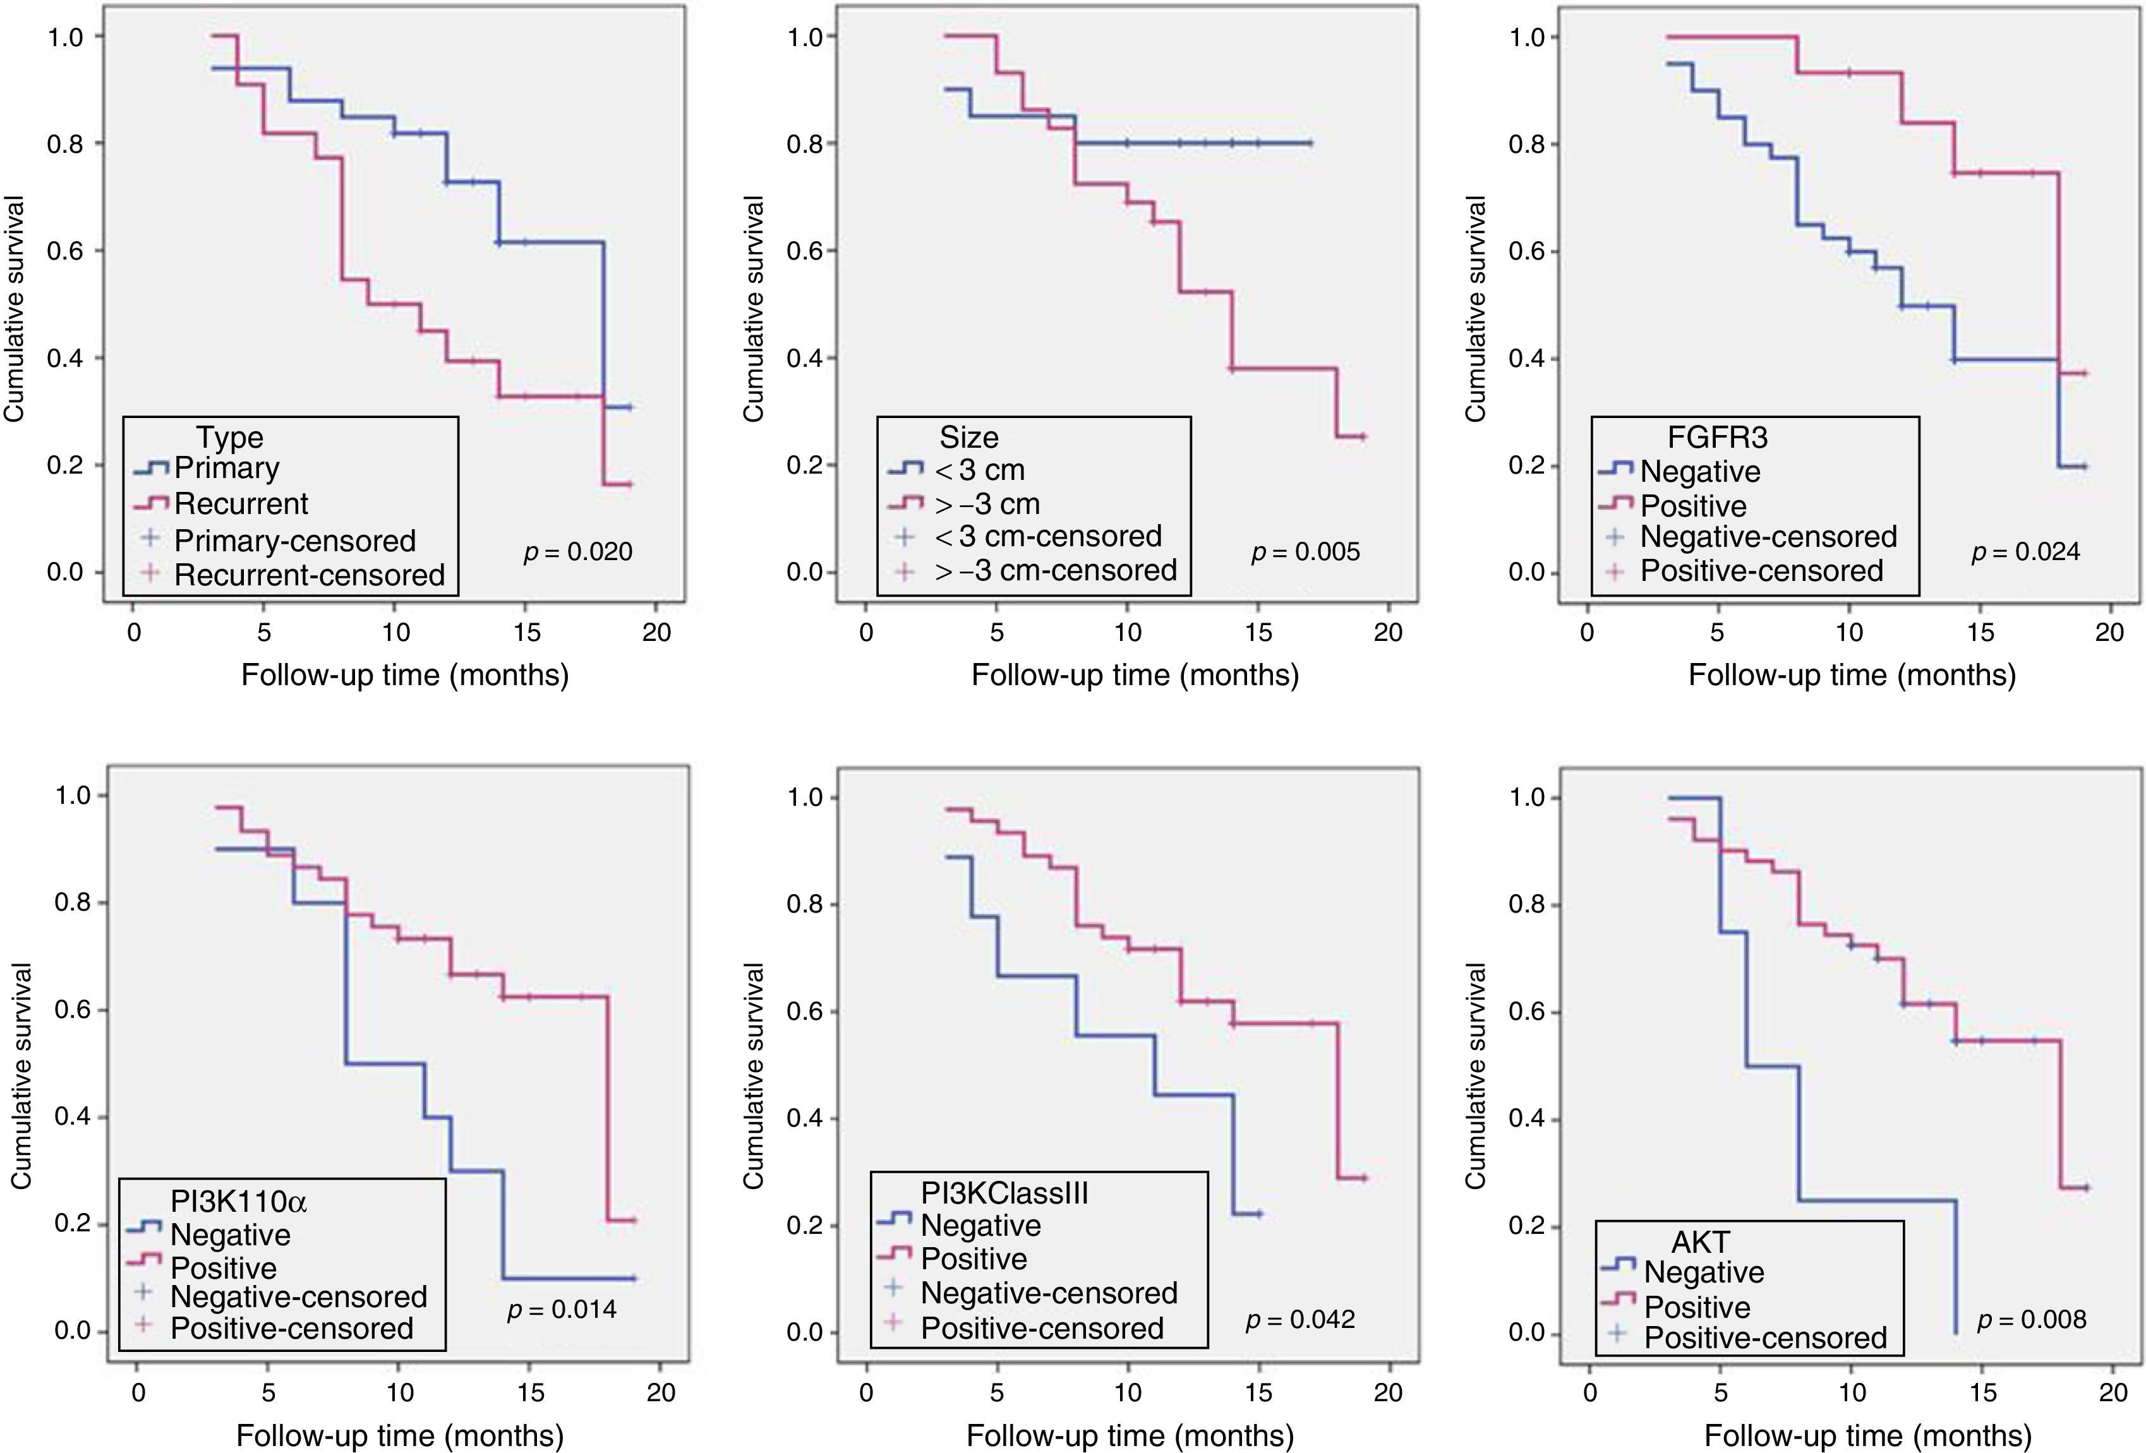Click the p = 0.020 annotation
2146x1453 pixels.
pyautogui.click(x=578, y=552)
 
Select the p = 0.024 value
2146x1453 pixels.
pyautogui.click(x=2026, y=552)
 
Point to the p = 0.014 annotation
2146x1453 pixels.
pyautogui.click(x=562, y=1309)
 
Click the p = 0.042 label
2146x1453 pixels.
pyautogui.click(x=1300, y=1319)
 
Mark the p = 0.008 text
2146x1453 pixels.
pyautogui.click(x=2032, y=1320)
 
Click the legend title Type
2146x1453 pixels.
pyautogui.click(x=229, y=436)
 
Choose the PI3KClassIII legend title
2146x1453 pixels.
pyautogui.click(x=1004, y=1193)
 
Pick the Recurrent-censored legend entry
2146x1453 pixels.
pyautogui.click(x=310, y=575)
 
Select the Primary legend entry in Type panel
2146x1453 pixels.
pyautogui.click(x=226, y=468)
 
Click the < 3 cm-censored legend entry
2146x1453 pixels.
pyautogui.click(x=1047, y=536)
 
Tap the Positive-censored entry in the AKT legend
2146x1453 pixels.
pyautogui.click(x=1764, y=1337)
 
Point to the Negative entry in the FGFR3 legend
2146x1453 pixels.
pyautogui.click(x=1699, y=472)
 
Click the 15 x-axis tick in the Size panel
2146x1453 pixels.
pyautogui.click(x=1258, y=632)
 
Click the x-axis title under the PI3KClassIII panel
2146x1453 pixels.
pyautogui.click(x=1130, y=1435)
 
